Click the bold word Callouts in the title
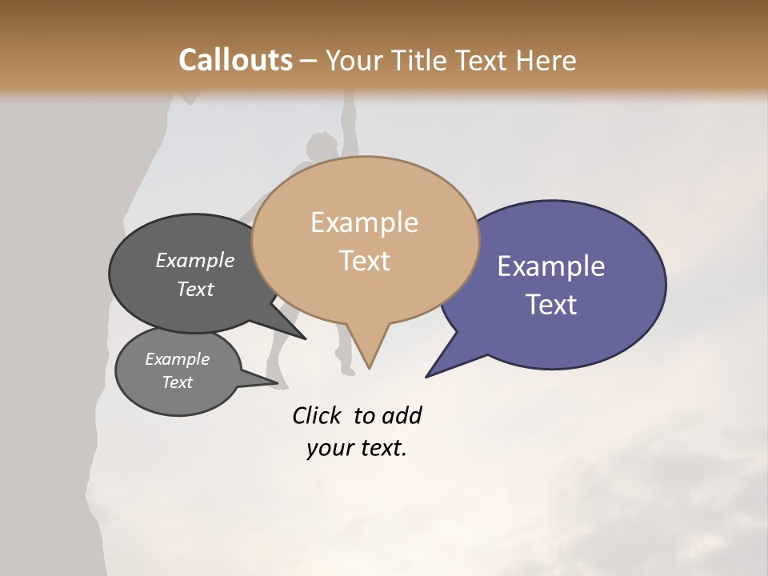tap(235, 60)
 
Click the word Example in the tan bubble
tap(364, 222)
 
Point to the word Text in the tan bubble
tap(364, 261)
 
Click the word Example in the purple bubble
tap(551, 266)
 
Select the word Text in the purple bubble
tap(551, 305)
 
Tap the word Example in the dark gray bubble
tap(195, 261)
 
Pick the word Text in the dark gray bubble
tap(195, 290)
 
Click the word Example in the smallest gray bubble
tap(177, 359)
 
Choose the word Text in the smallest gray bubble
tap(177, 382)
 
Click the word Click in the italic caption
tap(317, 416)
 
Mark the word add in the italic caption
tap(402, 416)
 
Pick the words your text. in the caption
tap(356, 449)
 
